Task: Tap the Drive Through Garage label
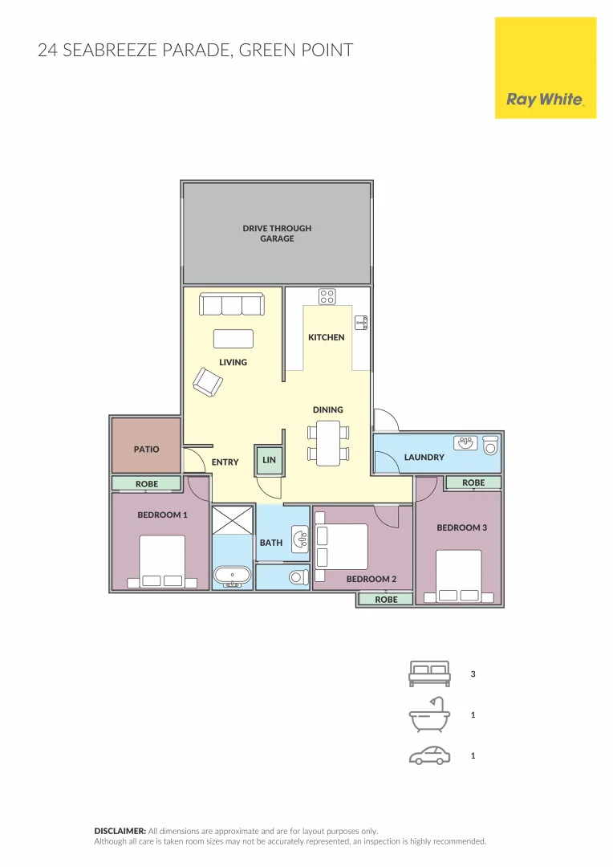(x=277, y=233)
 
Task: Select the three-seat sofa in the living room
(x=232, y=305)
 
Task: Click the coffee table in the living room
(x=233, y=338)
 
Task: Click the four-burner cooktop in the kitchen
(x=327, y=296)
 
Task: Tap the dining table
(x=328, y=444)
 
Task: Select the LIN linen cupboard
(x=269, y=460)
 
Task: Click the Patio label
(x=146, y=450)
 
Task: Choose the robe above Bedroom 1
(x=147, y=484)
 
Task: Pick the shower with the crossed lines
(x=233, y=520)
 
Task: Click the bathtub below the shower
(x=233, y=576)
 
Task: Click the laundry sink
(x=465, y=442)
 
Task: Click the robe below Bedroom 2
(x=386, y=599)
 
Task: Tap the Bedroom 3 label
(x=461, y=527)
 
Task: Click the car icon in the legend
(x=428, y=755)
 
